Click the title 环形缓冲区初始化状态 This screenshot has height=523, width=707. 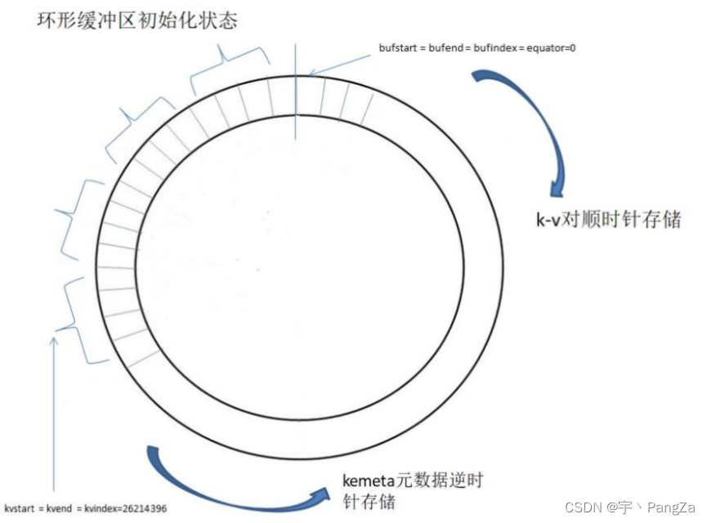136,20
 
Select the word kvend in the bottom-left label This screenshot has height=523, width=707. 63,508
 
